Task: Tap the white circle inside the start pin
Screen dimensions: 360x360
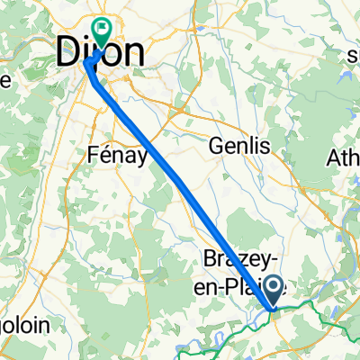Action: tap(274, 286)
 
